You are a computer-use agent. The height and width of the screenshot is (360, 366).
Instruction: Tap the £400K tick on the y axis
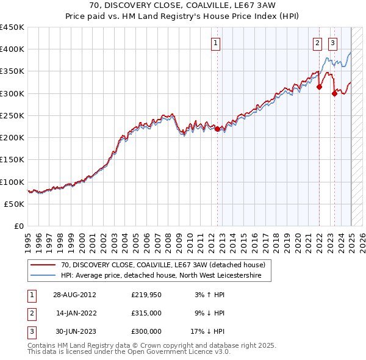tap(12, 49)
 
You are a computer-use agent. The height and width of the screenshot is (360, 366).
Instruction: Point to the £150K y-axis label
tap(12, 160)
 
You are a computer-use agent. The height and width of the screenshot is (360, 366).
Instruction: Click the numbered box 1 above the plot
tap(217, 43)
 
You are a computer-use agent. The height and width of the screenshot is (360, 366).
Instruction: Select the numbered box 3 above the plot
tap(332, 43)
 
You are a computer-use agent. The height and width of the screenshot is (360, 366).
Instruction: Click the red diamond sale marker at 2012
tap(218, 129)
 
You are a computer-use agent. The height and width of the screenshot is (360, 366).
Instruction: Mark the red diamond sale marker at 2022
tap(319, 87)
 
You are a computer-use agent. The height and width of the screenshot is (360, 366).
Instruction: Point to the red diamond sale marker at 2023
tap(334, 93)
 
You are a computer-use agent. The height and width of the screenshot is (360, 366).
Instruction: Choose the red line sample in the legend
tap(44, 265)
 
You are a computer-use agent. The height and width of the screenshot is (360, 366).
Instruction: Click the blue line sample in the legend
tap(44, 275)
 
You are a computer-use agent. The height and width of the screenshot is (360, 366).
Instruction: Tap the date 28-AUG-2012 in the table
tap(75, 295)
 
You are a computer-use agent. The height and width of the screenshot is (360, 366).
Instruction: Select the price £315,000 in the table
tap(146, 314)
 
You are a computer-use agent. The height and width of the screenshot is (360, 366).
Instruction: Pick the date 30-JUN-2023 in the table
tap(75, 331)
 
